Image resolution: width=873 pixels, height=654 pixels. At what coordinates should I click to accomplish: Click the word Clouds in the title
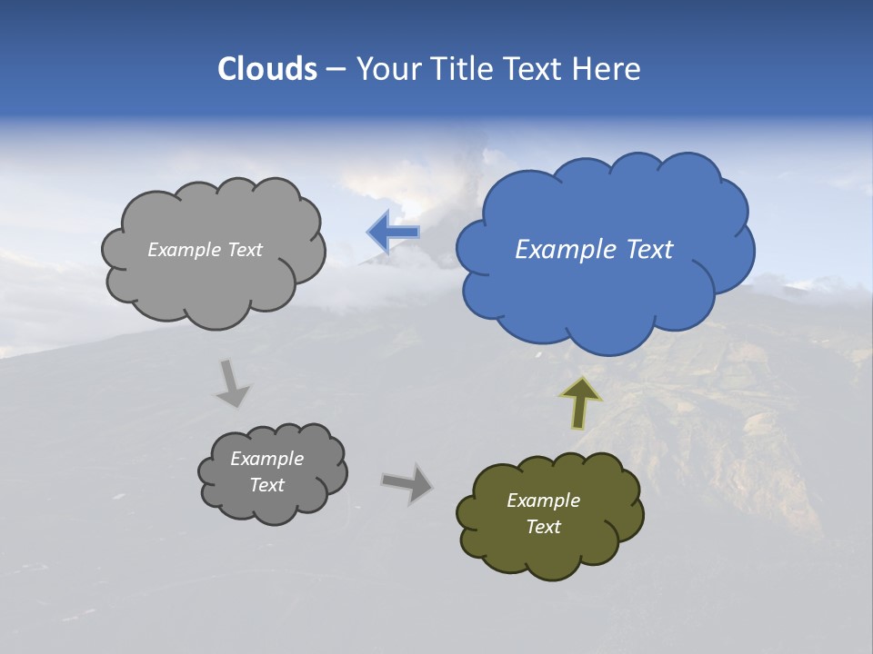click(x=266, y=69)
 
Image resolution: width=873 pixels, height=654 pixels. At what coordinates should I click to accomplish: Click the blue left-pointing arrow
click(x=393, y=232)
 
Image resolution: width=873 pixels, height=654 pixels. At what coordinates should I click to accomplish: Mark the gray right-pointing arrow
click(x=407, y=482)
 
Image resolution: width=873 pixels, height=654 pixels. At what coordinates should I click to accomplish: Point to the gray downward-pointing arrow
click(x=232, y=383)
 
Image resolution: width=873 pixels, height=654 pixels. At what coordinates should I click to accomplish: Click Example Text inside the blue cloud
click(x=594, y=250)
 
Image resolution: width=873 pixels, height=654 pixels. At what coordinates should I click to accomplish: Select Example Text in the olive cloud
click(x=544, y=513)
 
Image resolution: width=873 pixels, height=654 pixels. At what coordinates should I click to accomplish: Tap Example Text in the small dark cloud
click(x=267, y=471)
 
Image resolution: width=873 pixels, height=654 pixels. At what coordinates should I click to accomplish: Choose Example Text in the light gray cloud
click(x=205, y=250)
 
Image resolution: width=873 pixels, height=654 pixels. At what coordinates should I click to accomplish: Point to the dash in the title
click(x=335, y=69)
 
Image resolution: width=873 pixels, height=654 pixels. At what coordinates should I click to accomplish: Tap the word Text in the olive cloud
click(x=544, y=527)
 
